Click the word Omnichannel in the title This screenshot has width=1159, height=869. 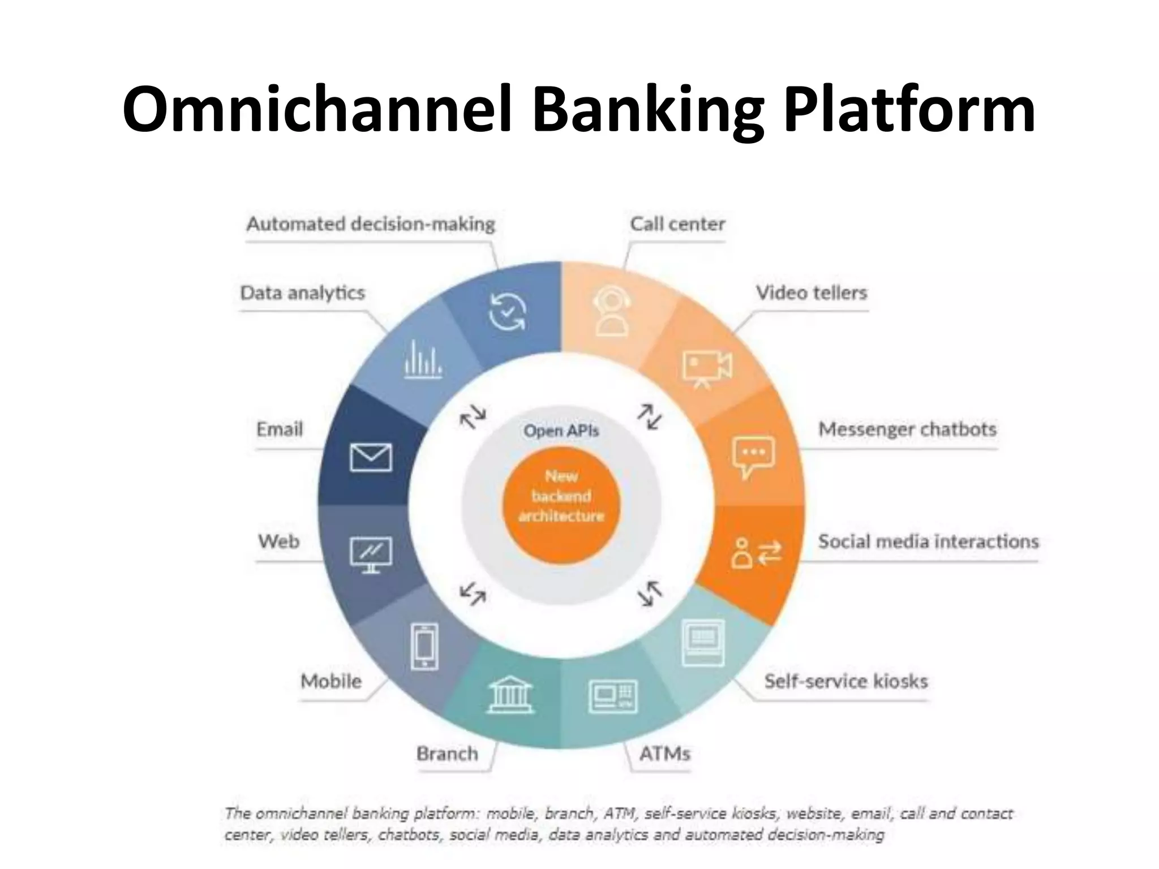(x=317, y=109)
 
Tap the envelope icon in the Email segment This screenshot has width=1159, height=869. (x=371, y=457)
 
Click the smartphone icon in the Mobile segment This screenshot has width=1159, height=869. (x=424, y=646)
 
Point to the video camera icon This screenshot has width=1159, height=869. (x=707, y=369)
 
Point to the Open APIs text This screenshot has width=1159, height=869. (x=561, y=431)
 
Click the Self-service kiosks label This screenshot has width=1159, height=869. (x=845, y=681)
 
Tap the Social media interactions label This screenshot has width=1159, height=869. (x=928, y=541)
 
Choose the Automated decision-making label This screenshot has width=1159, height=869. (x=371, y=224)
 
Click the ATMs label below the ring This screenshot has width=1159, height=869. (x=664, y=754)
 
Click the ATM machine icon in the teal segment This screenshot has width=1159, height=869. (x=613, y=696)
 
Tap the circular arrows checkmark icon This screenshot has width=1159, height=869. (x=507, y=312)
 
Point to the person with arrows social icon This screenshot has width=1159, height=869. (x=756, y=553)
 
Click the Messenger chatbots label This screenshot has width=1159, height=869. (x=907, y=429)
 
